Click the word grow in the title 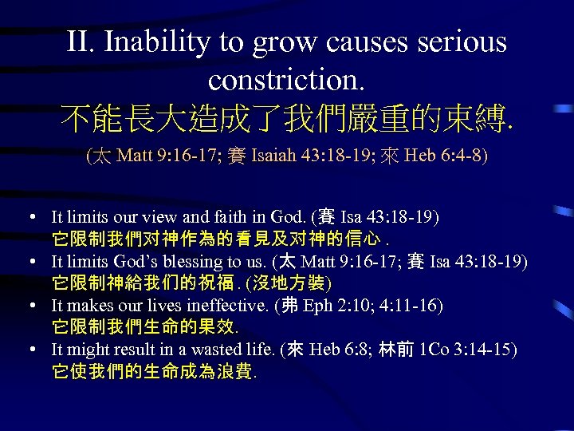click(x=287, y=42)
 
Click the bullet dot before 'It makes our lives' click(x=29, y=306)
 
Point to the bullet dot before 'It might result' click(x=29, y=350)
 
